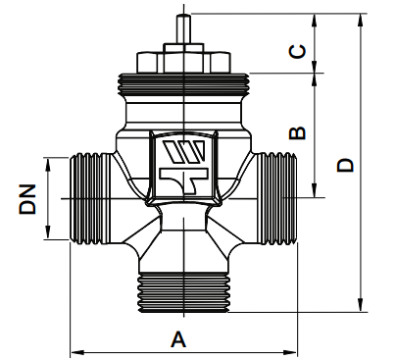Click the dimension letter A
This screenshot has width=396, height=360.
pyautogui.click(x=178, y=339)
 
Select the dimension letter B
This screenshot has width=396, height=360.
pyautogui.click(x=297, y=132)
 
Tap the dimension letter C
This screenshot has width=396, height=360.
pyautogui.click(x=298, y=51)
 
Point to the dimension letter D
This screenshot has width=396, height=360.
pyautogui.click(x=345, y=165)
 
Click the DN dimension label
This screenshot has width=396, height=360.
pyautogui.click(x=27, y=199)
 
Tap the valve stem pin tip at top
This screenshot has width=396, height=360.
pyautogui.click(x=183, y=17)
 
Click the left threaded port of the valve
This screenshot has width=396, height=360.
pyautogui.click(x=91, y=198)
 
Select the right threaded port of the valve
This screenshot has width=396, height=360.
pyautogui.click(x=275, y=198)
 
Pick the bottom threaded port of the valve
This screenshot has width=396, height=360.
pyautogui.click(x=183, y=293)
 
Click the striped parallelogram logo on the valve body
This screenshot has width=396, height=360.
pyautogui.click(x=184, y=152)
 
